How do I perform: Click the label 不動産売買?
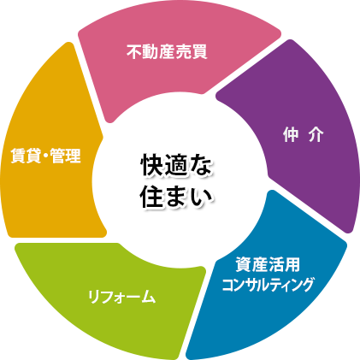[x=167, y=52]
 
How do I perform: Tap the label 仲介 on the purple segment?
[x=304, y=134]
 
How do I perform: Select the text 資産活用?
[x=268, y=265]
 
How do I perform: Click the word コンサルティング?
[x=268, y=284]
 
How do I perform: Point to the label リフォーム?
[x=122, y=297]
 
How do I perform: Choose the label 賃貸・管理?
[x=46, y=156]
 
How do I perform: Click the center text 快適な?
[x=177, y=167]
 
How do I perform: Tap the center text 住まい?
[x=177, y=197]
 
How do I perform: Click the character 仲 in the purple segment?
[x=291, y=134]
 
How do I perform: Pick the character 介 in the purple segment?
[x=316, y=134]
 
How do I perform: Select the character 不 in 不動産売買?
[x=134, y=52]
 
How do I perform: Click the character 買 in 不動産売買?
[x=199, y=52]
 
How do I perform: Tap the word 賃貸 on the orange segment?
[x=27, y=156]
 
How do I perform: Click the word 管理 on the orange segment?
[x=66, y=156]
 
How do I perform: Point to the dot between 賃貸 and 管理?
[x=46, y=156]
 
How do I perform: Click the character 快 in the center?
[x=152, y=167]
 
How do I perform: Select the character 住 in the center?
[x=152, y=197]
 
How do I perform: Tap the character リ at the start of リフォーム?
[x=94, y=297]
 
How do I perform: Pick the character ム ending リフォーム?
[x=149, y=297]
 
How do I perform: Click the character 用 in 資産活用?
[x=292, y=265]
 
